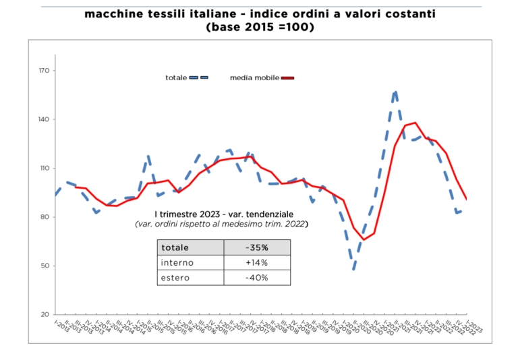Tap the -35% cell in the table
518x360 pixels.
coord(256,247)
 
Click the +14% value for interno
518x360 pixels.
coord(256,262)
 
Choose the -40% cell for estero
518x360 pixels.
coord(256,278)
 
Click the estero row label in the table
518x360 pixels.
coord(175,278)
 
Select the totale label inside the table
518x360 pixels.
coord(175,247)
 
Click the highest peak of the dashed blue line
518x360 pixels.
coord(395,91)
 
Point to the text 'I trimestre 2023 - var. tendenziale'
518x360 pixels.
coord(220,214)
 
